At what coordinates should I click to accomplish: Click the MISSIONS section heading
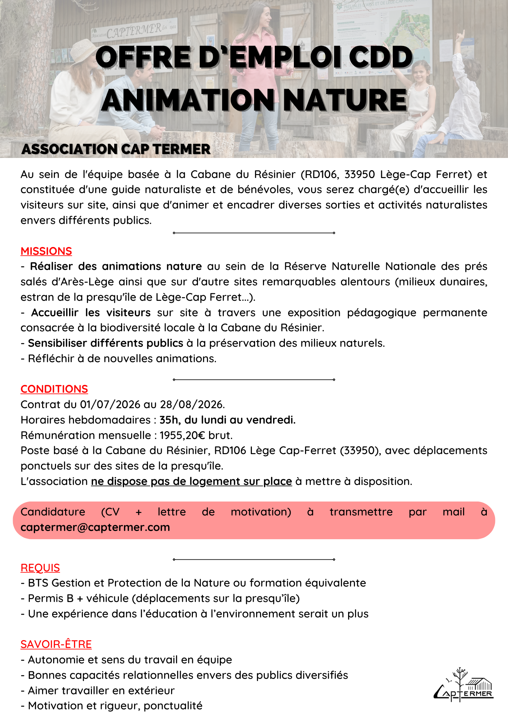tap(46, 251)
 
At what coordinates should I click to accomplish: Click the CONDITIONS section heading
tap(54, 389)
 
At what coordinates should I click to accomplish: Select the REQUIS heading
tap(40, 568)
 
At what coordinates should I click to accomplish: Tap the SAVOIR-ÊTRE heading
tap(56, 644)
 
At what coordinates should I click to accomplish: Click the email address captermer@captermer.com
tap(95, 527)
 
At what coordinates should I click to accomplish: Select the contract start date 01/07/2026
tap(110, 404)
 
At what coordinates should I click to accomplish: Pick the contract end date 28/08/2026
tap(191, 404)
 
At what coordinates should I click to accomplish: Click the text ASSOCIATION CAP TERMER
tap(116, 149)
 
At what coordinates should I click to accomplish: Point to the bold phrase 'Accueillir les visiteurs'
tap(91, 312)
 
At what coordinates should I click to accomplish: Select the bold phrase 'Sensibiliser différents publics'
tap(106, 343)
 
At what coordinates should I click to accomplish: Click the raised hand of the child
tap(459, 36)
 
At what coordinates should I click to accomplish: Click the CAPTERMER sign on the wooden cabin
tap(134, 31)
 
